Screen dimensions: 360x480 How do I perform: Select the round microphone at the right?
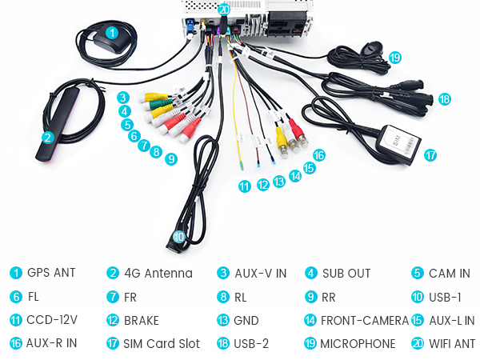click(x=371, y=50)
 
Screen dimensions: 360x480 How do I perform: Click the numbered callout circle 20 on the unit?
click(x=223, y=10)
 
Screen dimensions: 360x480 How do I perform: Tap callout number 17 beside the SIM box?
click(x=431, y=155)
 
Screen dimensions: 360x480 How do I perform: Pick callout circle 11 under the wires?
click(x=244, y=186)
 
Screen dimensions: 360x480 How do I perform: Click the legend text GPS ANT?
click(x=50, y=273)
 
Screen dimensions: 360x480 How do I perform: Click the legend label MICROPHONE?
click(x=358, y=344)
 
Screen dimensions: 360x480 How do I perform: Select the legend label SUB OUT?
click(x=346, y=273)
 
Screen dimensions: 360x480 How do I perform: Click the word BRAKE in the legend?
click(x=141, y=321)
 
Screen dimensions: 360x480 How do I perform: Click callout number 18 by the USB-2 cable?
click(x=444, y=99)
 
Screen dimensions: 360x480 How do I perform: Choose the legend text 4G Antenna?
click(x=158, y=273)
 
